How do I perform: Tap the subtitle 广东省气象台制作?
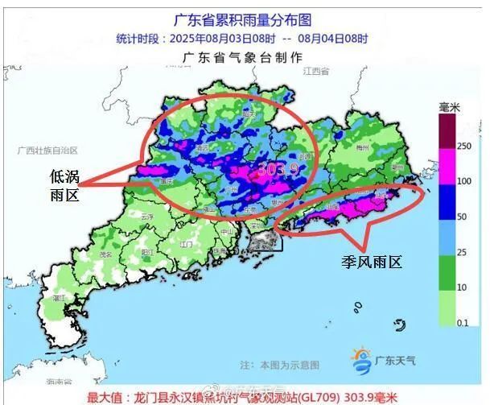pos(242,58)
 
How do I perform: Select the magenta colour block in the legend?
pos(447,163)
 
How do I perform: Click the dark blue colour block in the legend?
pos(447,200)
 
